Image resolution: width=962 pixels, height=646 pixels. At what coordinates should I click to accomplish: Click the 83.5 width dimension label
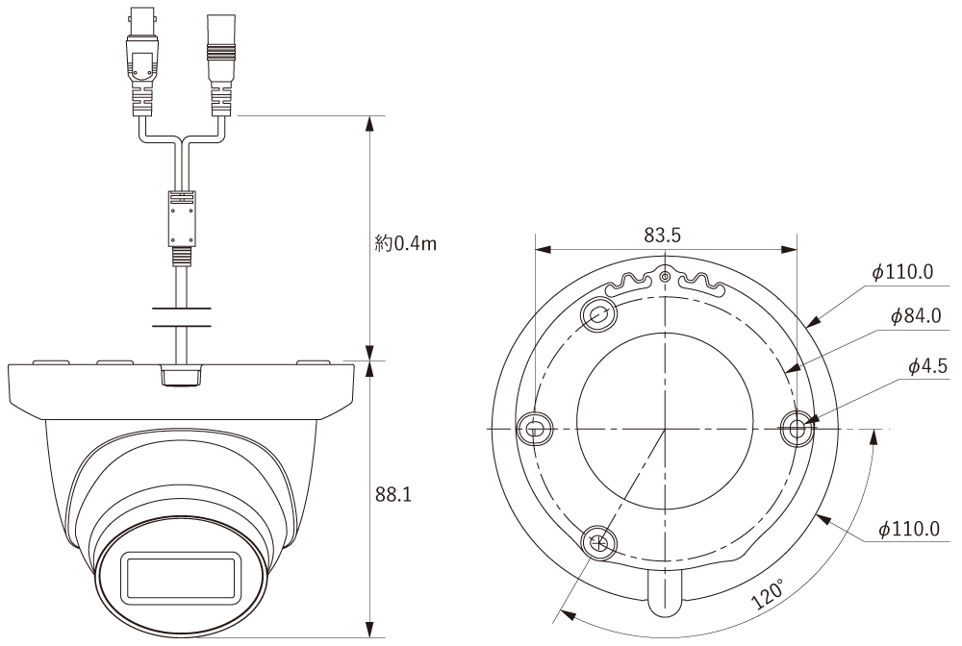[x=662, y=236]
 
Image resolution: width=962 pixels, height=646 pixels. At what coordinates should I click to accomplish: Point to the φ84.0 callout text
[x=916, y=315]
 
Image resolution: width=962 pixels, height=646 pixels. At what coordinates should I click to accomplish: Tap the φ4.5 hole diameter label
[x=927, y=366]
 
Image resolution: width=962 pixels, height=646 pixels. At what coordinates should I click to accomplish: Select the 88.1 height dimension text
[x=393, y=495]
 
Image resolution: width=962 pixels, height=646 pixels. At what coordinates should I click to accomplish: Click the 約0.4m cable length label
[x=406, y=244]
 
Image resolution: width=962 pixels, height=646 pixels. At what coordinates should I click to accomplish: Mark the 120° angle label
[x=768, y=593]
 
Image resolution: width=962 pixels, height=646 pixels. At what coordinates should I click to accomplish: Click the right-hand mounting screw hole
[x=797, y=428]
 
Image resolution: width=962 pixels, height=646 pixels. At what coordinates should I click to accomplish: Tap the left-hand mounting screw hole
[x=536, y=428]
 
